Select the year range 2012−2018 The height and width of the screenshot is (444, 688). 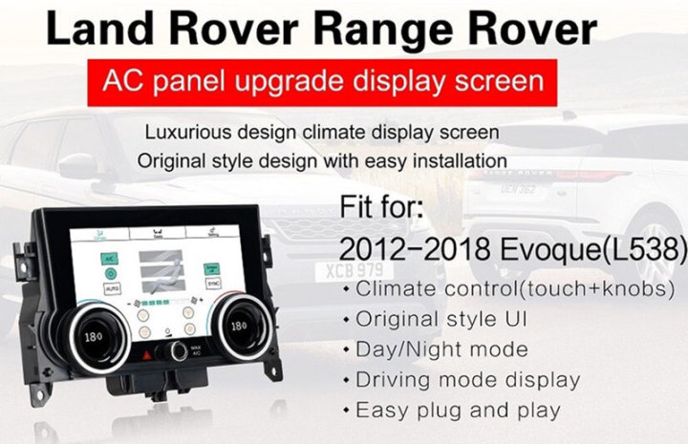tap(412, 251)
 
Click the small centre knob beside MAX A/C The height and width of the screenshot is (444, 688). tap(179, 350)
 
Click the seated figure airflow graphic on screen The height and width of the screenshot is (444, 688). tap(161, 275)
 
